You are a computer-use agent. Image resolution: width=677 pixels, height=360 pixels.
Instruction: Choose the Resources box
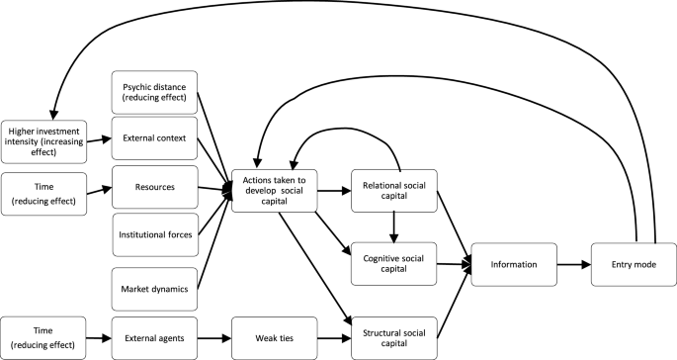(x=154, y=185)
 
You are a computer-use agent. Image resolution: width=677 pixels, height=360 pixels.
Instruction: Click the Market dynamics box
(x=154, y=288)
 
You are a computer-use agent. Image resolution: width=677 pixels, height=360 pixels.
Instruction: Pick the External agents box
(x=154, y=336)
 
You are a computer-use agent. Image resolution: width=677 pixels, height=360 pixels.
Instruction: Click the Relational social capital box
(x=393, y=189)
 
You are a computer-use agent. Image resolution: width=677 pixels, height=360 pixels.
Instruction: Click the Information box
(x=513, y=264)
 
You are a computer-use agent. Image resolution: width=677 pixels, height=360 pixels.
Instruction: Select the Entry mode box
(x=631, y=264)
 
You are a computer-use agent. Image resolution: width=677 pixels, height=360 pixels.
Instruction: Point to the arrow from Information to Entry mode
(x=572, y=264)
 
